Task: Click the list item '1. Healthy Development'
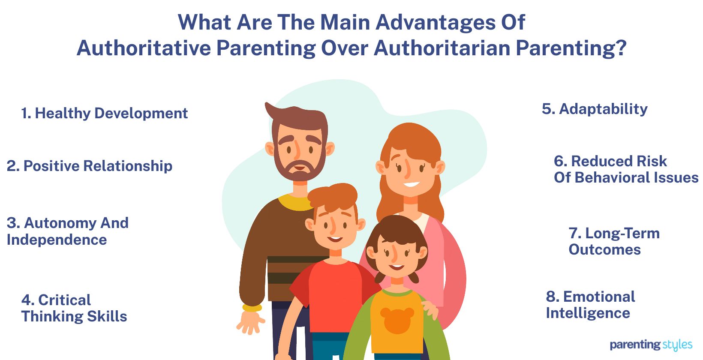tap(104, 113)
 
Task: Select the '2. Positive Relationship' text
tap(90, 166)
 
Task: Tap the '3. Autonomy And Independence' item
tap(67, 231)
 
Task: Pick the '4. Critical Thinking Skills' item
tap(74, 308)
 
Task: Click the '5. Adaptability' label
tap(595, 109)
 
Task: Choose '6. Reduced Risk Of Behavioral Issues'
tap(625, 169)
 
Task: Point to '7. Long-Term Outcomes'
tap(613, 241)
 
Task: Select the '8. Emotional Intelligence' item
tap(590, 305)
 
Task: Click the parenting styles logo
tap(651, 345)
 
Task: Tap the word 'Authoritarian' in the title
tap(442, 48)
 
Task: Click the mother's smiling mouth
tap(411, 185)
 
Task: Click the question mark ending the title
tap(620, 48)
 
